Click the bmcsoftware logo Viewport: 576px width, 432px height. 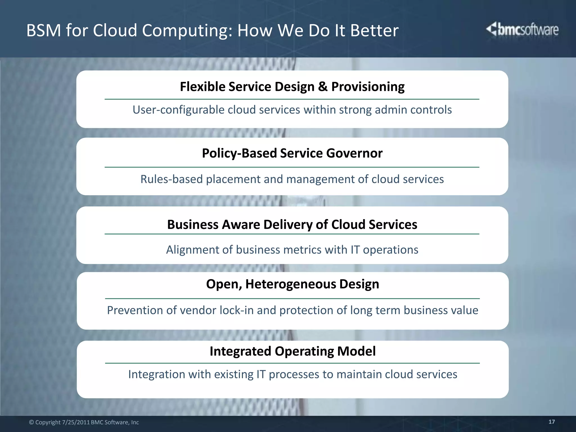tap(523, 30)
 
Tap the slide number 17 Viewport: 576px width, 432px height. tap(552, 422)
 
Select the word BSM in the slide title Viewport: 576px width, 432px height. tap(44, 30)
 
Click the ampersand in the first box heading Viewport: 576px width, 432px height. tap(323, 87)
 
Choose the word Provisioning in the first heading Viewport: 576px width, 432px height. tap(368, 87)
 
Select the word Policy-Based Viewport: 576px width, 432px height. tap(239, 153)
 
